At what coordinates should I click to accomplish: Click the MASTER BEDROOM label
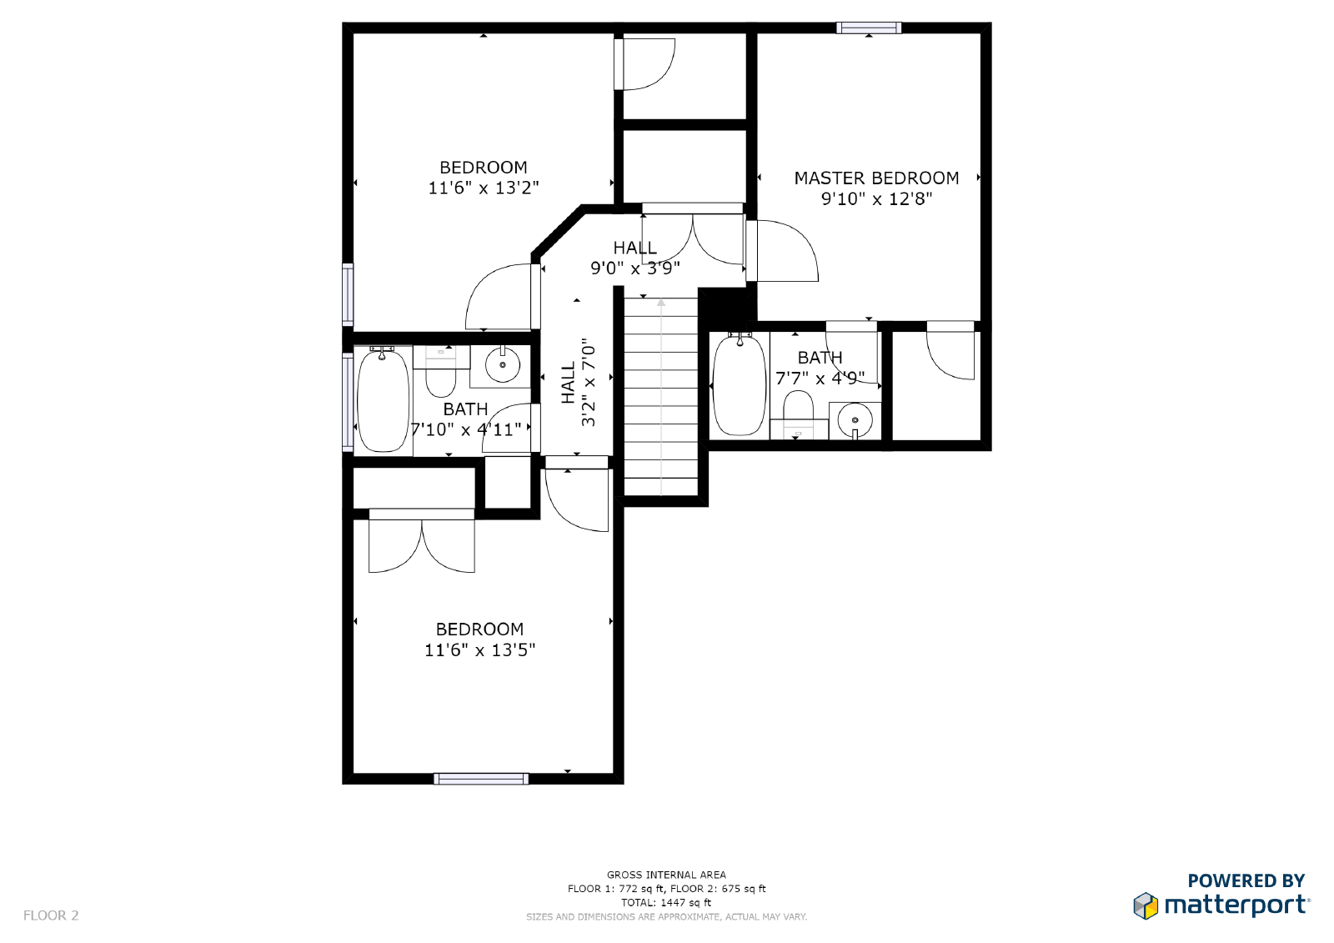click(x=876, y=178)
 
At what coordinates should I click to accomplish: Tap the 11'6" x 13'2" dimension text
click(x=484, y=188)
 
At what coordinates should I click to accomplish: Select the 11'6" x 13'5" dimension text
click(x=479, y=650)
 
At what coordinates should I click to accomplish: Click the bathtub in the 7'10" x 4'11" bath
click(x=383, y=400)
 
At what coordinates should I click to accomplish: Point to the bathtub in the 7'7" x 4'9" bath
click(x=740, y=384)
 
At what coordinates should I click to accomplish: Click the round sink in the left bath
click(x=503, y=365)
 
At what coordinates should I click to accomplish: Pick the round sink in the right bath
click(x=855, y=419)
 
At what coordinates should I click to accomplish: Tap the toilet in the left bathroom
click(x=441, y=376)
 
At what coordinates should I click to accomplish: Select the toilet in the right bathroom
click(x=798, y=411)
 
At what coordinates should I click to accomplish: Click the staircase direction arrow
click(x=661, y=392)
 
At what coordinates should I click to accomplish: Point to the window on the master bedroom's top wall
click(x=869, y=28)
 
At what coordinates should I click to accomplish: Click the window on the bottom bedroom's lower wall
click(x=481, y=779)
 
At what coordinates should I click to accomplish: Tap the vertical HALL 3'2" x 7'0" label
click(x=579, y=383)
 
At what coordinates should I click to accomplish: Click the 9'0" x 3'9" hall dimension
click(x=635, y=268)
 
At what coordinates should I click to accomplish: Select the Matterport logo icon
click(x=1146, y=905)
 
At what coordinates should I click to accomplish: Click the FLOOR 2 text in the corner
click(x=51, y=915)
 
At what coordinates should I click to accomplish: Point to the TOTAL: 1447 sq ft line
click(x=666, y=902)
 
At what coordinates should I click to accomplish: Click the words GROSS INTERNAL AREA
click(x=666, y=875)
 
